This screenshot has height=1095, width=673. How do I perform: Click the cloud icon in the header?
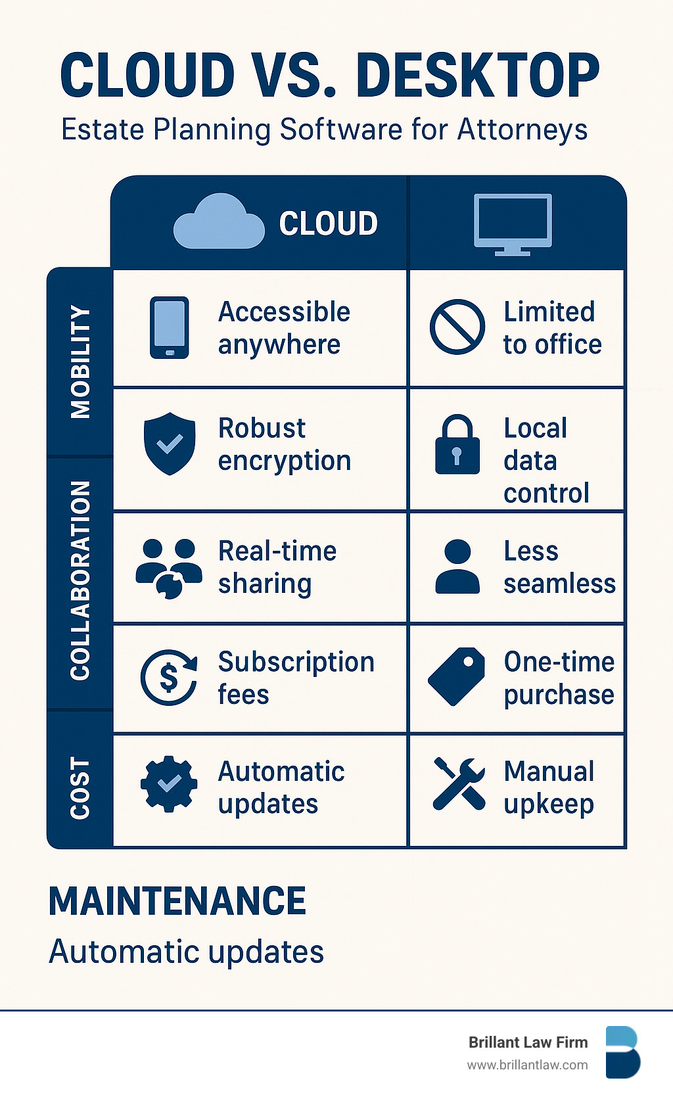[218, 222]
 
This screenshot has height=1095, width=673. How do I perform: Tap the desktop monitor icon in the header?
[513, 223]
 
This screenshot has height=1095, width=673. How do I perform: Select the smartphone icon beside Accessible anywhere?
[170, 327]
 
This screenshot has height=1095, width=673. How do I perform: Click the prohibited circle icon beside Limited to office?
[457, 327]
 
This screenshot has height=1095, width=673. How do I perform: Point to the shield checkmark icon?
[170, 443]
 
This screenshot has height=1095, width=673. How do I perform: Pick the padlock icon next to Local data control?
[457, 444]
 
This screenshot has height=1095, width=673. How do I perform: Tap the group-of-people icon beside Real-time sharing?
[169, 568]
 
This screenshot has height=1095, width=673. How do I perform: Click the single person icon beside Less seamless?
[457, 567]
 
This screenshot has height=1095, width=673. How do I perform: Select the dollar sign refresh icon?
[169, 677]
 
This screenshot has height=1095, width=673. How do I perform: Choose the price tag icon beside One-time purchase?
[457, 676]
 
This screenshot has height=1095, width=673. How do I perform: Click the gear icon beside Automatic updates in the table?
[169, 783]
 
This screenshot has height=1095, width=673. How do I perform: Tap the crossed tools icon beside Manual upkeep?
[459, 783]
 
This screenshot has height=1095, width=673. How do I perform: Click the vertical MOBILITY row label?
[80, 361]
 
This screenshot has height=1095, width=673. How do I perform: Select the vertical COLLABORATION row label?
[80, 580]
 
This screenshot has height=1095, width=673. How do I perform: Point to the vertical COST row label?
[80, 787]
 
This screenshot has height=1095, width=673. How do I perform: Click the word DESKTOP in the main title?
[478, 76]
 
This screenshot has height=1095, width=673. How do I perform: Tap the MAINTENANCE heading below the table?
[177, 901]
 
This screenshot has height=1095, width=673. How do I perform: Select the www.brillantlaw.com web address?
[527, 1065]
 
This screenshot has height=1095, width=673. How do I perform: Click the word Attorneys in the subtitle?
[522, 129]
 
